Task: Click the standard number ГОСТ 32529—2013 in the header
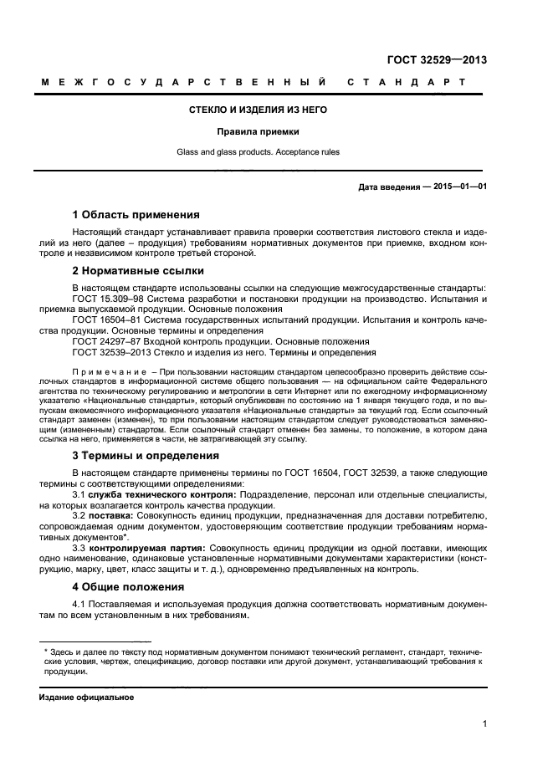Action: [438, 59]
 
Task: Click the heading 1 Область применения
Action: [136, 214]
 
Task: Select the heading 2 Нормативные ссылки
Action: [137, 271]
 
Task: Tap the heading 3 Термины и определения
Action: [146, 456]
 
